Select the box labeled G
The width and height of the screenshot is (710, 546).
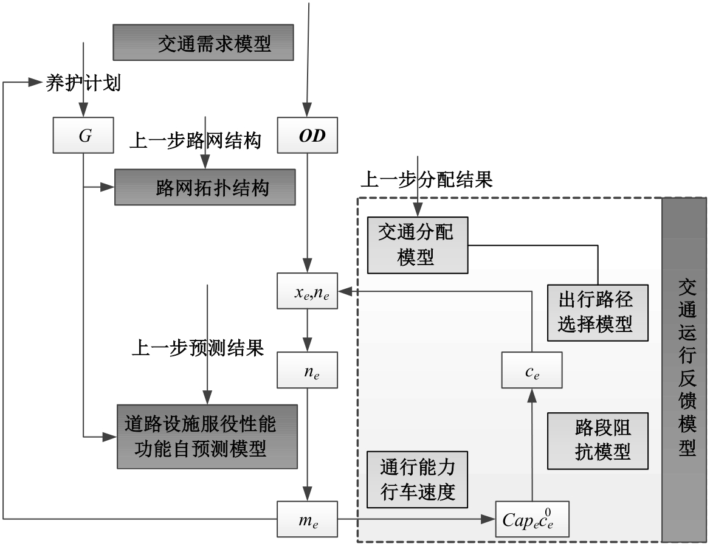[x=84, y=136]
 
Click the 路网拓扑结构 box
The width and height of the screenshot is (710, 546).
[x=205, y=187]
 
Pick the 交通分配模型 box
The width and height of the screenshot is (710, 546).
[x=417, y=244]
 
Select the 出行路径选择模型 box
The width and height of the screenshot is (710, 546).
[x=596, y=311]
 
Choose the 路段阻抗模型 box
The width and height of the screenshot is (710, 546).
[x=596, y=441]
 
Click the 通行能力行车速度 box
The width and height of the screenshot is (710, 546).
[x=417, y=479]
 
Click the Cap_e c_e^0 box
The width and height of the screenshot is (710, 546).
[x=532, y=519]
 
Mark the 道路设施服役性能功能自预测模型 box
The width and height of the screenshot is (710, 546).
[x=207, y=436]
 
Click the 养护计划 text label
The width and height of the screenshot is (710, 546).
[x=83, y=83]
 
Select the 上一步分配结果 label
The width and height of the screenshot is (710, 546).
[x=426, y=179]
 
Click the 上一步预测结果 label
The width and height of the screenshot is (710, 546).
[x=198, y=348]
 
